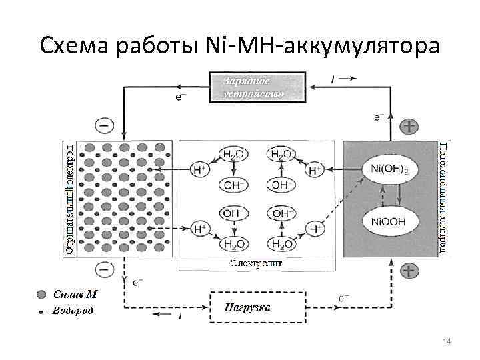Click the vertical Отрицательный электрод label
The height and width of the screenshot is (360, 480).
coord(70,198)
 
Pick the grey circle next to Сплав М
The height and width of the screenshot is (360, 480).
coord(41,294)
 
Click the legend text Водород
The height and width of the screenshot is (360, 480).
coord(73,310)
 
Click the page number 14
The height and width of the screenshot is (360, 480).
coord(447,341)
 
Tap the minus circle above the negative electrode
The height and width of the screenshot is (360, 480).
coord(105,125)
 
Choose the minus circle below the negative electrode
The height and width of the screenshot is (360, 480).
coord(105,269)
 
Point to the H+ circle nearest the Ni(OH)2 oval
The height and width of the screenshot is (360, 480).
coord(315,171)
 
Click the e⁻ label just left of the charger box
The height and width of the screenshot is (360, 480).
coord(181,98)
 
